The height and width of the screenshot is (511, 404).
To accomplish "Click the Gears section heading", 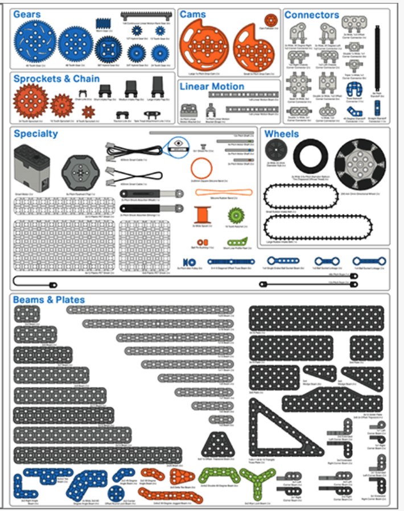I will pyautogui.click(x=27, y=14).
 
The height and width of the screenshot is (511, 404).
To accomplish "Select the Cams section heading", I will pyautogui.click(x=193, y=14).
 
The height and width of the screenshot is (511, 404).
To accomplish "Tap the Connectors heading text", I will pyautogui.click(x=311, y=15).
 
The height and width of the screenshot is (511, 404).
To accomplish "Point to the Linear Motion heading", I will pyautogui.click(x=212, y=86).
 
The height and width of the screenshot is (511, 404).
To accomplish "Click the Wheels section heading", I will pyautogui.click(x=282, y=134).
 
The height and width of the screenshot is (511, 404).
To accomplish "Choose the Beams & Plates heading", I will pyautogui.click(x=49, y=299).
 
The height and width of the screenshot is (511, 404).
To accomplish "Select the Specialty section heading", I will pyautogui.click(x=36, y=134).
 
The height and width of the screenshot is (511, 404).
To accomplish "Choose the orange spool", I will pyautogui.click(x=201, y=216).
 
